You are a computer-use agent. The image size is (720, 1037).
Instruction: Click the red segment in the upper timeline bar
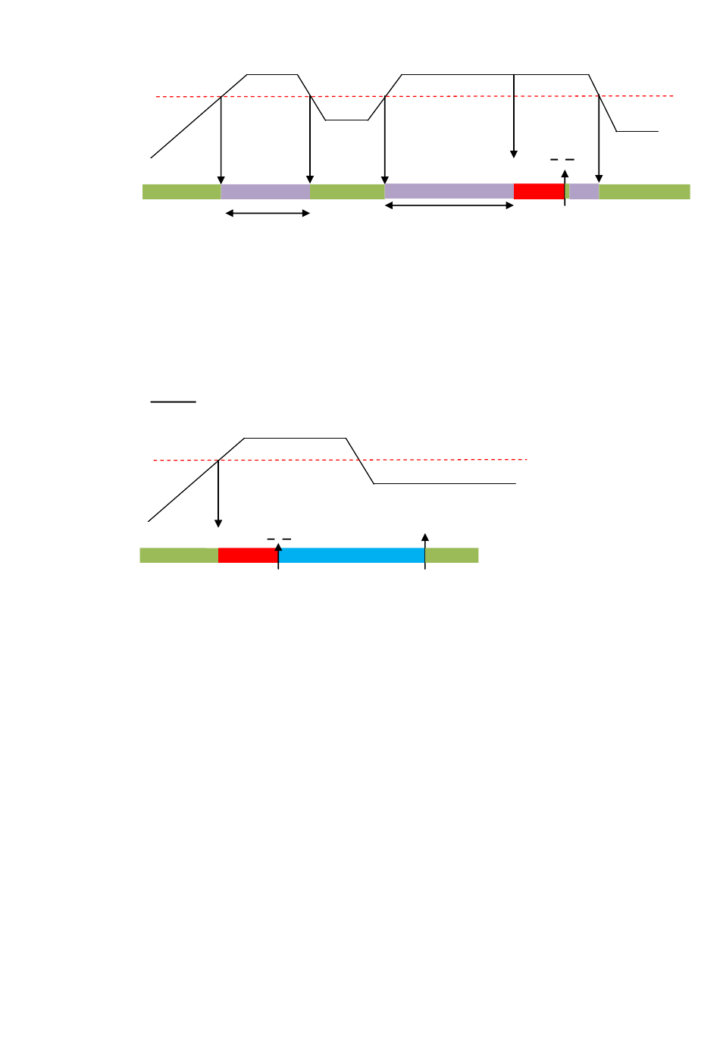click(539, 192)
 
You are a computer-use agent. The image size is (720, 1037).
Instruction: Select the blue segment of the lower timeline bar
click(352, 555)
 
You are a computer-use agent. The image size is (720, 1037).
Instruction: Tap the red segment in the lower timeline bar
click(248, 555)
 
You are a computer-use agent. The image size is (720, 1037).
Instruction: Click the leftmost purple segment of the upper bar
click(265, 192)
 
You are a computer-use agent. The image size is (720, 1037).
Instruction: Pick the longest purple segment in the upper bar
click(449, 192)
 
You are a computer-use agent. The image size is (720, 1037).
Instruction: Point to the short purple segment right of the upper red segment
click(584, 192)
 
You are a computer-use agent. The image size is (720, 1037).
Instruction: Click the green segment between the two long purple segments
click(347, 192)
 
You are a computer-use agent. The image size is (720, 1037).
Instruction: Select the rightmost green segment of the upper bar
click(644, 192)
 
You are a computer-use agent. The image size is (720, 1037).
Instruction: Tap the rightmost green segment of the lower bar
click(452, 555)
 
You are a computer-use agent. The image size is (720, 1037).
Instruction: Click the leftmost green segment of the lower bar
click(179, 555)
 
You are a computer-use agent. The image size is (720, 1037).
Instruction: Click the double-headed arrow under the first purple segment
click(268, 214)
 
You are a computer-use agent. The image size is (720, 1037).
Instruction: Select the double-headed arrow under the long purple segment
click(449, 205)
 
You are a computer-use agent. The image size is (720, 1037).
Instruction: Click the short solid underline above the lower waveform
click(174, 401)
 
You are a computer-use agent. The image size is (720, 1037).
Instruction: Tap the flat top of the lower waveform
click(295, 439)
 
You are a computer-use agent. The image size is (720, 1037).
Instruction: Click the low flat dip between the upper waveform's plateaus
click(347, 120)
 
